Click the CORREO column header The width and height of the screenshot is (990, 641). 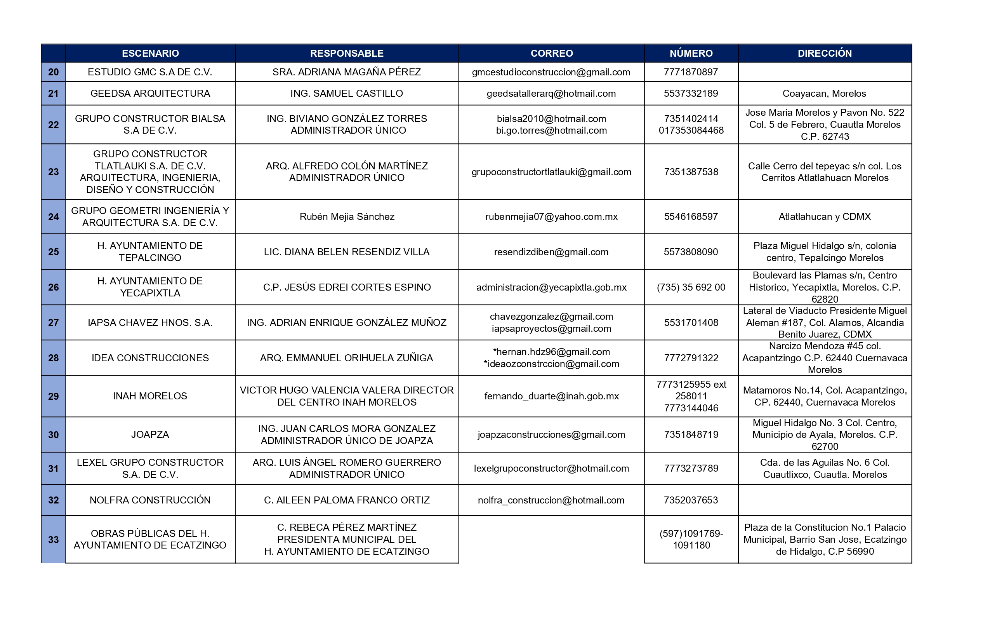point(551,53)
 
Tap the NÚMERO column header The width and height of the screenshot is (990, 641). point(691,53)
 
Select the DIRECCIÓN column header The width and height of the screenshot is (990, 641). point(825,53)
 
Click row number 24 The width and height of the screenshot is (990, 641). point(53,217)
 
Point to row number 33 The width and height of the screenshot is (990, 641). point(53,540)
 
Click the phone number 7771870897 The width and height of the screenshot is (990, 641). point(691,72)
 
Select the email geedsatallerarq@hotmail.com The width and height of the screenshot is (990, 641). point(551,94)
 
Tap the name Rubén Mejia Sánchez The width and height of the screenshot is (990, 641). point(347,216)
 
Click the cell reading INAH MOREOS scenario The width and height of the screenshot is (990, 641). point(150,396)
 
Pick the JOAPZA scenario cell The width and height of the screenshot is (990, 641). point(150,435)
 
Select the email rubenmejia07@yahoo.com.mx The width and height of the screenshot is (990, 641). point(551,216)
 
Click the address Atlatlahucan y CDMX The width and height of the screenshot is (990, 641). point(825,216)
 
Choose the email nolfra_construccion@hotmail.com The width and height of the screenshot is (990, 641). point(551,500)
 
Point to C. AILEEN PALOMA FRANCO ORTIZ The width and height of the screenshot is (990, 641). point(347,500)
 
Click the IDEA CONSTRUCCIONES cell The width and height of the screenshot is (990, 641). point(150,358)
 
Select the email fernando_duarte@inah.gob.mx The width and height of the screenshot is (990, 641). point(551,396)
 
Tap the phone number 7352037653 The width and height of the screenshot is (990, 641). point(691,500)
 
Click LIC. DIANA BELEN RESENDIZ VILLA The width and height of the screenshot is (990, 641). point(347,252)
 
